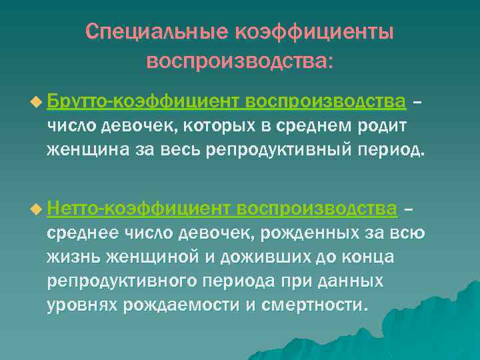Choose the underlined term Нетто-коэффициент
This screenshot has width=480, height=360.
coord(141,210)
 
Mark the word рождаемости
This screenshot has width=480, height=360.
coord(177,305)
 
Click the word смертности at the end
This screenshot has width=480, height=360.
coord(309,305)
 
